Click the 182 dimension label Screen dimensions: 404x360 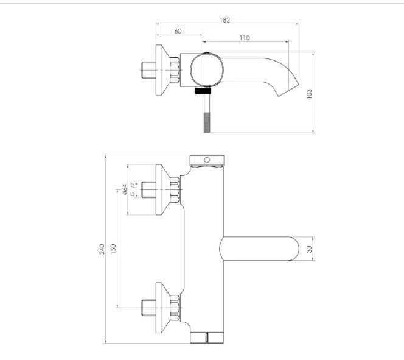tap(225, 20)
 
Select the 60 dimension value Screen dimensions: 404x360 tap(178, 31)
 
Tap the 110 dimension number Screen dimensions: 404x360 tap(245, 38)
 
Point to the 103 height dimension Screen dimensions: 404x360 tap(309, 94)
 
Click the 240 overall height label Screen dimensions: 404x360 tap(102, 249)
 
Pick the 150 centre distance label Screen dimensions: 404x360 tap(113, 249)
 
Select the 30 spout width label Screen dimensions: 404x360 tap(309, 249)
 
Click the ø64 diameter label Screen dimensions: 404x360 tap(125, 189)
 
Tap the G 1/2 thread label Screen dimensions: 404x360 tap(133, 189)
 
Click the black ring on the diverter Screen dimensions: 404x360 tap(203, 91)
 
